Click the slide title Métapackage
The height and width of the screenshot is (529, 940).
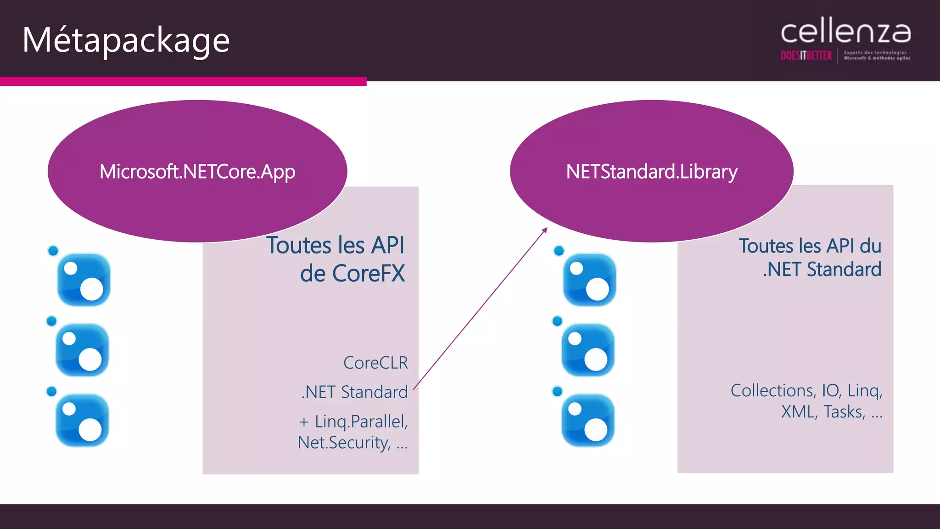pyautogui.click(x=126, y=40)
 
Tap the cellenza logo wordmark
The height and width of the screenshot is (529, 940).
pyautogui.click(x=845, y=33)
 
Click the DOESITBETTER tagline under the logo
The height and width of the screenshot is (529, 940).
pyautogui.click(x=806, y=56)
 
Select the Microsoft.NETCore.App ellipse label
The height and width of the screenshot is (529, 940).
pyautogui.click(x=197, y=172)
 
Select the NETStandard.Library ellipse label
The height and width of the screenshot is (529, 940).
pyautogui.click(x=651, y=172)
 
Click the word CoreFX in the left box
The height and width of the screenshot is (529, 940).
pyautogui.click(x=368, y=274)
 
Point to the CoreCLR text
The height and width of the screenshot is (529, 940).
pyautogui.click(x=375, y=363)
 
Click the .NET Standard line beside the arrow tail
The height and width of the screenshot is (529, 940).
pyautogui.click(x=354, y=392)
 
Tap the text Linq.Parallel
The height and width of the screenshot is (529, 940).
pyautogui.click(x=361, y=422)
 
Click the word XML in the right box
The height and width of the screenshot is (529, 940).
pyautogui.click(x=799, y=412)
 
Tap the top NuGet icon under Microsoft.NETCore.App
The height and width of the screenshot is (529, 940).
pyautogui.click(x=84, y=279)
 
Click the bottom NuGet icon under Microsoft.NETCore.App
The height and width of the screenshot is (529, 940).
pyautogui.click(x=82, y=420)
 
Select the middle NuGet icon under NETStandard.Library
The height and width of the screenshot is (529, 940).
pyautogui.click(x=588, y=350)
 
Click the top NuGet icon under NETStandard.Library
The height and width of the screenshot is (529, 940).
pyautogui.click(x=589, y=279)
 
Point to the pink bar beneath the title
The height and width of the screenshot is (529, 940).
pyautogui.click(x=183, y=82)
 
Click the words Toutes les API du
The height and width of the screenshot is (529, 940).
pyautogui.click(x=810, y=246)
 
